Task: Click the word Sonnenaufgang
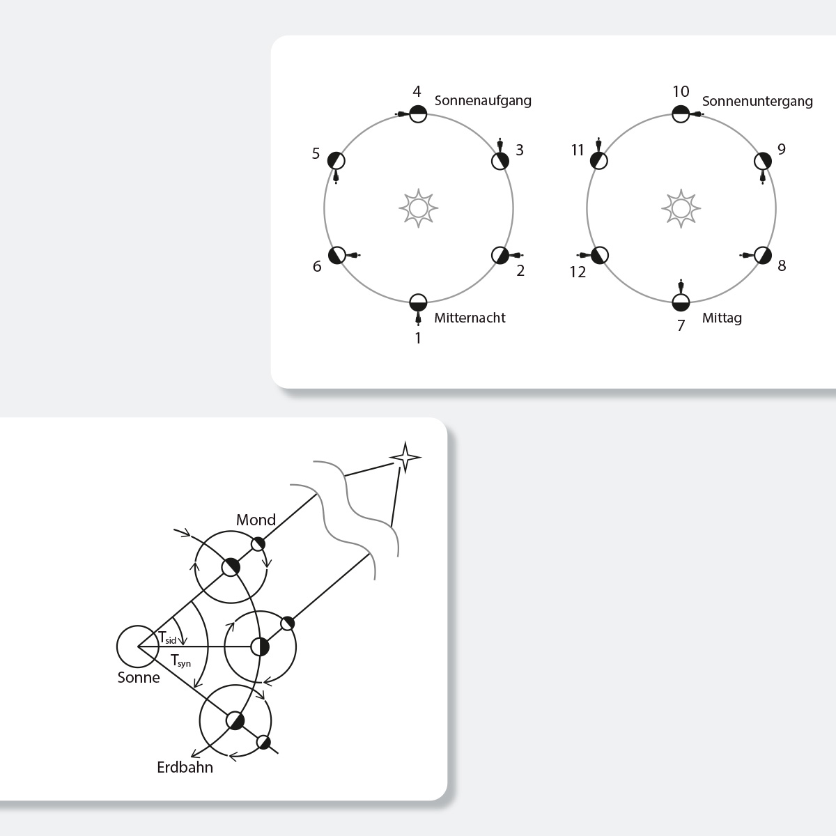point(483,101)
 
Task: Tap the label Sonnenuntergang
point(757,102)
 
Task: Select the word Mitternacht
point(470,318)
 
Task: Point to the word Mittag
point(722,318)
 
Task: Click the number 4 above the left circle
point(417,91)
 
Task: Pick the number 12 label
point(578,272)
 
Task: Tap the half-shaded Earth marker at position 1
point(418,303)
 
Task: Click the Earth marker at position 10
point(681,114)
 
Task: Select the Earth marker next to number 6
point(337,255)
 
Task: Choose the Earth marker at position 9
point(763,162)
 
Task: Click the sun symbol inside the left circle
point(418,208)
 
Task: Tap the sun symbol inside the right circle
point(681,208)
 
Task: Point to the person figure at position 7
point(681,286)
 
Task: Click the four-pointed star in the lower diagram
point(405,457)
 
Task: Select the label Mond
point(256,520)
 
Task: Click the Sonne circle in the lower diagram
point(137,647)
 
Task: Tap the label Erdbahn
point(185,767)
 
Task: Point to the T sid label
point(167,637)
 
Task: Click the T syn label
point(180,660)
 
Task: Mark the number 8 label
point(782,265)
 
